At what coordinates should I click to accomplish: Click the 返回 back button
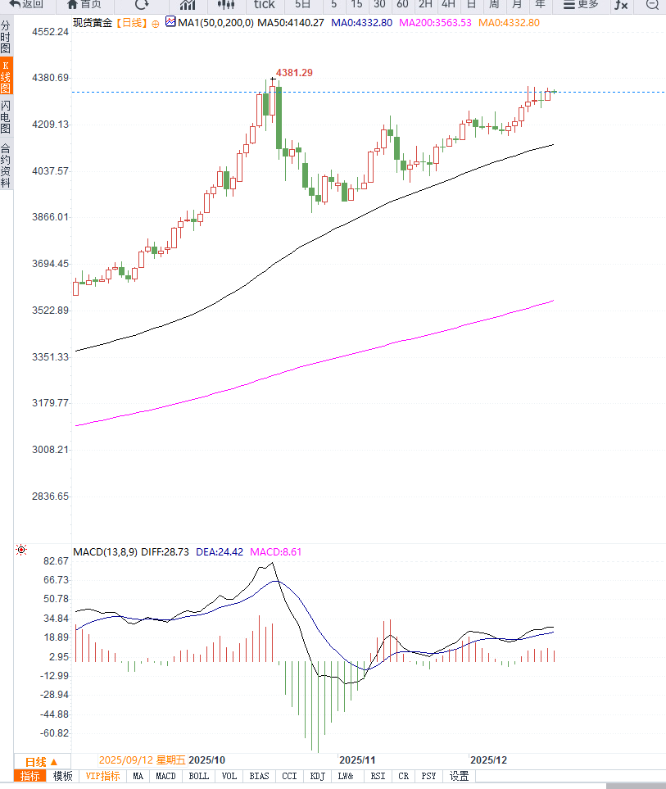coord(26,4)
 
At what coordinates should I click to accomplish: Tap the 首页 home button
coord(84,4)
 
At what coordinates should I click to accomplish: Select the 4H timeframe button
coord(448,4)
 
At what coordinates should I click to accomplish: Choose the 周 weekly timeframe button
coord(494,4)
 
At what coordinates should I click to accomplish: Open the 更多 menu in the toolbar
coord(582,4)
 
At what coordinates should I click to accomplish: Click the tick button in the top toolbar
coord(264,4)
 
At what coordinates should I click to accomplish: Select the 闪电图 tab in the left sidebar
coord(6,117)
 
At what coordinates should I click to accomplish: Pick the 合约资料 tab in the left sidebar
coord(6,166)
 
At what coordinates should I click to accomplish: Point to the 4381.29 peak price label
coord(294,73)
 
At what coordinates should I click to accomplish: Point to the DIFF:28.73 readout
coord(165,552)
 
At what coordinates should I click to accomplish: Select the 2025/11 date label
coord(356,760)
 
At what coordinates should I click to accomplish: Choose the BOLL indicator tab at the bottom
coord(198,776)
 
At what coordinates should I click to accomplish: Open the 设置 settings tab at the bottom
coord(459,776)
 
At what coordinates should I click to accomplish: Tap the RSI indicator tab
coord(378,776)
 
